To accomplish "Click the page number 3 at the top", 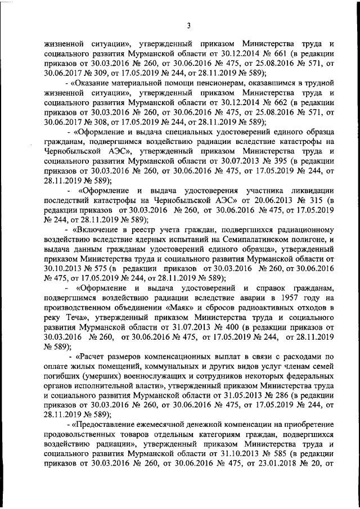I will tap(189, 25).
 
